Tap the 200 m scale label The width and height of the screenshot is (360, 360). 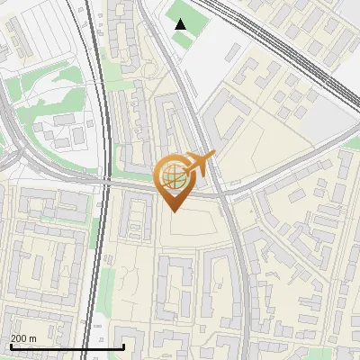pyautogui.click(x=23, y=338)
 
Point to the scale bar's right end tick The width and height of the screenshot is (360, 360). pyautogui.click(x=123, y=345)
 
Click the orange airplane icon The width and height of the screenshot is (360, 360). pyautogui.click(x=200, y=163)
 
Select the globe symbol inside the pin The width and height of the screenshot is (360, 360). pyautogui.click(x=173, y=177)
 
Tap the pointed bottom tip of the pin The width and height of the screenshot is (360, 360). pyautogui.click(x=173, y=211)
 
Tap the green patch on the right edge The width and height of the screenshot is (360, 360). pyautogui.click(x=352, y=143)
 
